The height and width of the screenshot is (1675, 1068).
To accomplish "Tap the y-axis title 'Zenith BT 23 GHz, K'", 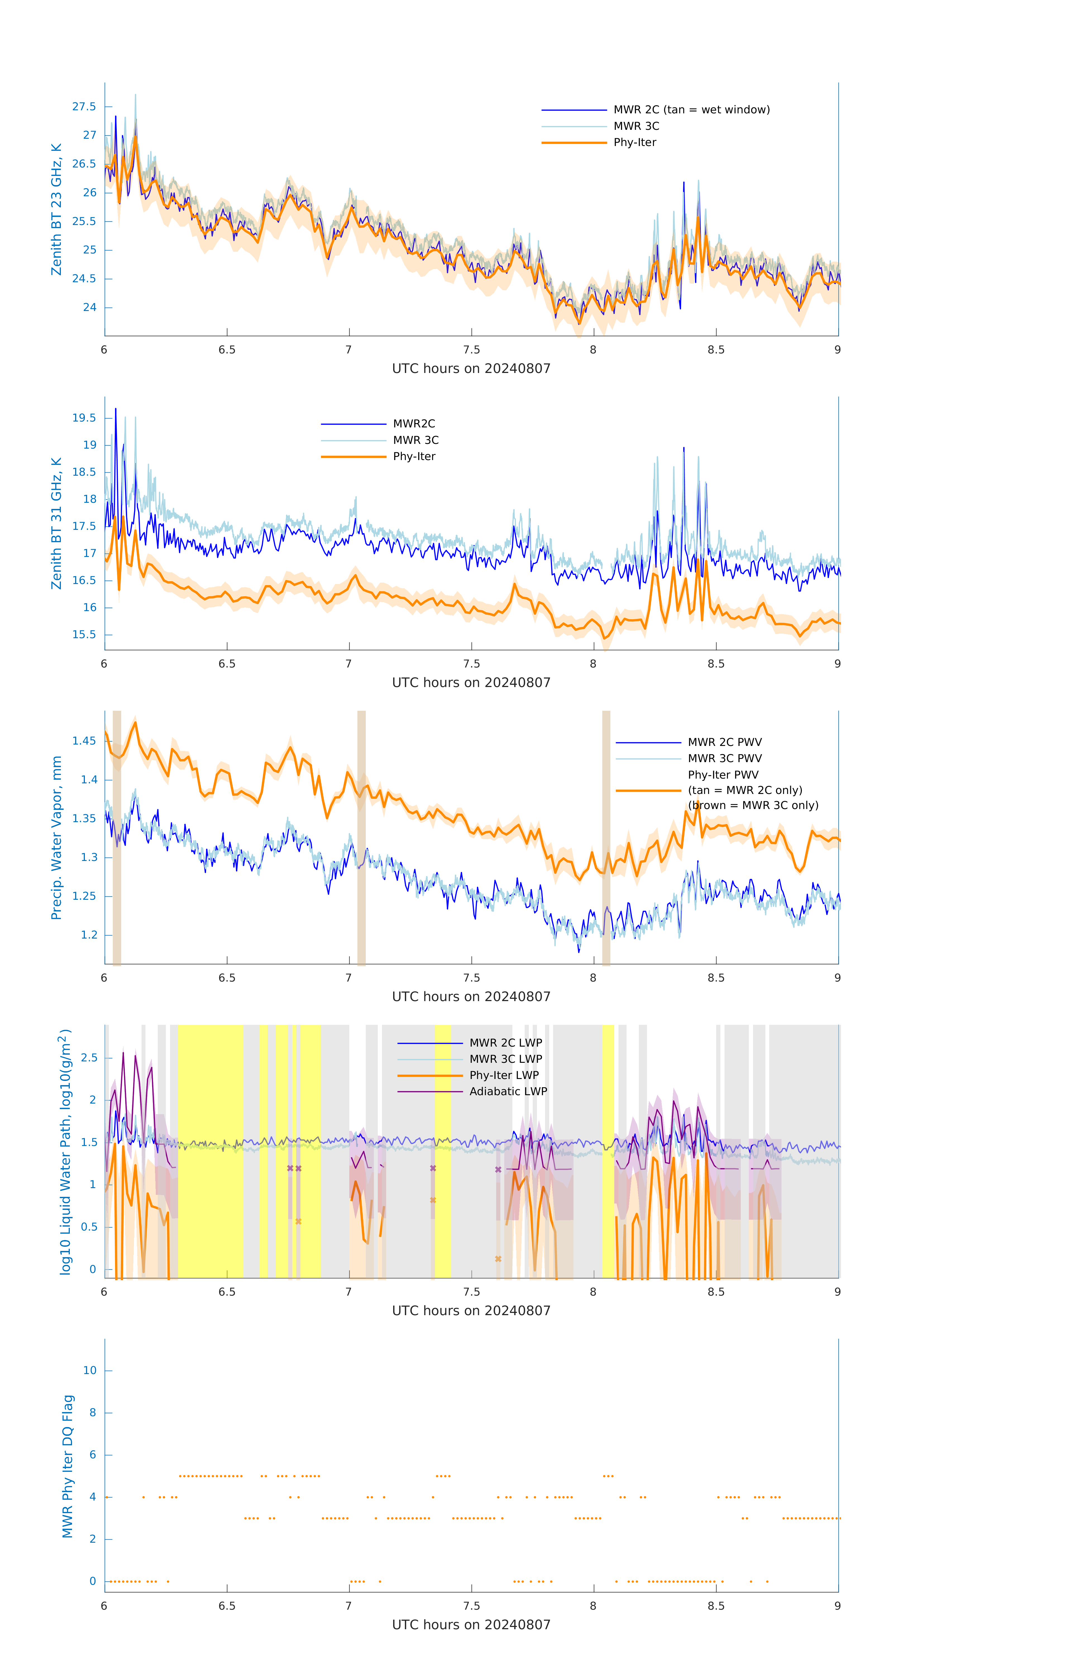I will (x=56, y=209).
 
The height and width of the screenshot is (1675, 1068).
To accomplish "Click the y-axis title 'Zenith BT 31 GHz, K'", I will (x=56, y=523).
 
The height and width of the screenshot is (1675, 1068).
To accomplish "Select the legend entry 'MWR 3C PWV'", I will (x=724, y=758).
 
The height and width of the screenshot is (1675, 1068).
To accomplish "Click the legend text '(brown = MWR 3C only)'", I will (x=753, y=805).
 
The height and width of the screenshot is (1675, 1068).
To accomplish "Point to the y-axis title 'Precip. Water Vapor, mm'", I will (x=56, y=837).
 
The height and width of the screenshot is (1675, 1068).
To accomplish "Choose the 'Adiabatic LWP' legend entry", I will (x=508, y=1091).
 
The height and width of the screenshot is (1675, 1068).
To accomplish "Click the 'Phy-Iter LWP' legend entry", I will (x=504, y=1075).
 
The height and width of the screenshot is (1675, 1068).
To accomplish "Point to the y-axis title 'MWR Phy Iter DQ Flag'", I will (x=68, y=1466).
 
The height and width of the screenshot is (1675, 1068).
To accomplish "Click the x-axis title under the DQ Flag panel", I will (x=471, y=1625).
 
